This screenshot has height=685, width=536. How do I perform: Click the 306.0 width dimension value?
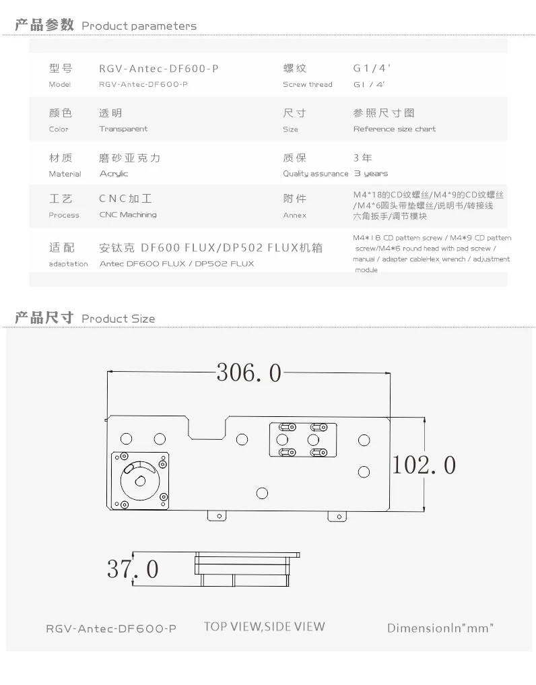click(249, 373)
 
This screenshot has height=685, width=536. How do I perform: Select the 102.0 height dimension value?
click(424, 465)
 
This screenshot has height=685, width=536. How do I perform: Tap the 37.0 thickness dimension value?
click(133, 568)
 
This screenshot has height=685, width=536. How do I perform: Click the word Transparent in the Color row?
click(123, 129)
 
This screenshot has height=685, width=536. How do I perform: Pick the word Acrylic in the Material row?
click(114, 173)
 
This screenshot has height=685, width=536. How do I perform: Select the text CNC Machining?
click(128, 214)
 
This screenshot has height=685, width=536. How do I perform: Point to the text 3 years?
click(370, 173)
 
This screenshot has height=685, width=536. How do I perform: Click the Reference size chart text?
click(395, 129)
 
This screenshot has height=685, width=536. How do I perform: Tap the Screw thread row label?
click(308, 84)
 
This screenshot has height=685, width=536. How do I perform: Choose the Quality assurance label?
click(315, 173)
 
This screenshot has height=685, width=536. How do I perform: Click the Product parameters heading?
click(139, 26)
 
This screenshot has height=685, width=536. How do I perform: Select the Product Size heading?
click(118, 319)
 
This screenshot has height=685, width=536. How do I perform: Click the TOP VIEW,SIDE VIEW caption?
click(264, 626)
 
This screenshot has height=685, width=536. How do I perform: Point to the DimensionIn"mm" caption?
click(440, 628)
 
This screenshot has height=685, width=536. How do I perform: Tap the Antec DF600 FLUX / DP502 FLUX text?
click(176, 263)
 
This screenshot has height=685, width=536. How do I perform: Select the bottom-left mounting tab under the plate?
click(217, 516)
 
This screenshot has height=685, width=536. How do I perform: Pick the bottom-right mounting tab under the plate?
click(337, 517)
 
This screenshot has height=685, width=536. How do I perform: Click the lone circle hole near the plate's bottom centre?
click(262, 493)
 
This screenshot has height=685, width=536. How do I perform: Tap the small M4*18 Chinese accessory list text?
click(428, 205)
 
